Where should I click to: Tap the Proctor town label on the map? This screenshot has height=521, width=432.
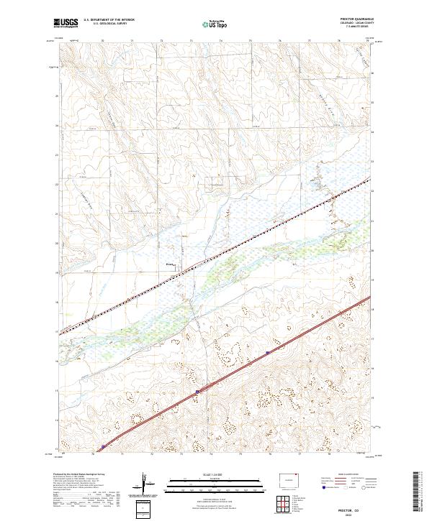point(171,264)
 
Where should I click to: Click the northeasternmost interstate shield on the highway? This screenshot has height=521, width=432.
point(268,352)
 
